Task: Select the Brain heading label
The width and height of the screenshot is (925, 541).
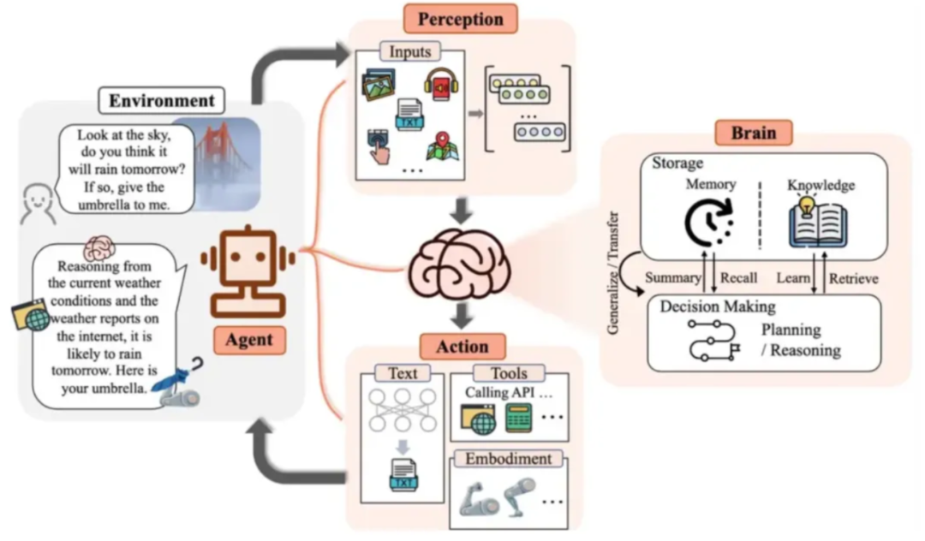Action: click(754, 133)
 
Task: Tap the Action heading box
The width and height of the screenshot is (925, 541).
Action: click(462, 347)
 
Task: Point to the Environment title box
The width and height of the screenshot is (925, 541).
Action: click(160, 100)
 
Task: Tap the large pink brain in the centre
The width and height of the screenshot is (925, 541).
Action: click(461, 266)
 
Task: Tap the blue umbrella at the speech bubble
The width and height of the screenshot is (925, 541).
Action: click(175, 378)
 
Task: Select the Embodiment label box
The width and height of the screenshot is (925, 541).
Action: click(507, 459)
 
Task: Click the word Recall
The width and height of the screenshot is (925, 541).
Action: click(738, 278)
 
